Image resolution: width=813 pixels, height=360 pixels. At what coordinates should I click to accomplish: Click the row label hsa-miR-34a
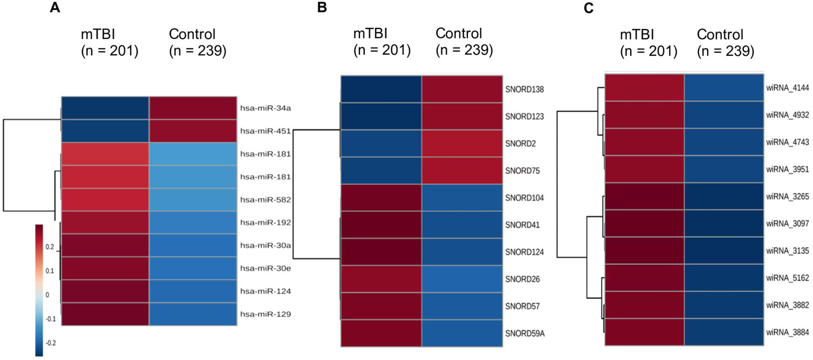[x=261, y=107]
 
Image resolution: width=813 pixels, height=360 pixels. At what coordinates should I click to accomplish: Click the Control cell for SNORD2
[x=462, y=143]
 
